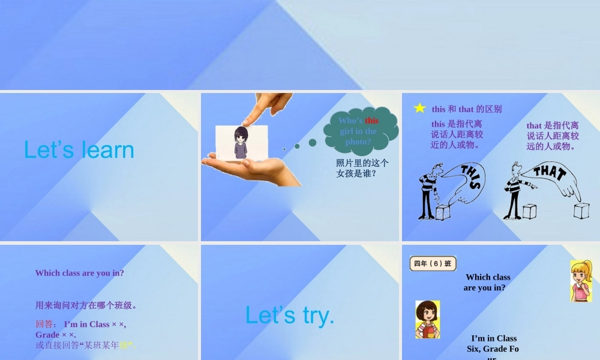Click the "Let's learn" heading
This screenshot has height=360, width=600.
[79, 150]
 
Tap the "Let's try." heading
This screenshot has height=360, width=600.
[290, 315]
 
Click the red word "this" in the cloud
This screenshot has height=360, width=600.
[372, 121]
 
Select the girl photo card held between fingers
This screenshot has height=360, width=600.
[242, 143]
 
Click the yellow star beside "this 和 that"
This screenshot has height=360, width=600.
[420, 108]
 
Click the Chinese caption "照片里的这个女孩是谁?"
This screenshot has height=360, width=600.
[362, 168]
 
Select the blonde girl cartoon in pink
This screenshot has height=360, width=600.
[581, 281]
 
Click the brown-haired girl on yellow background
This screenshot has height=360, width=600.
[427, 319]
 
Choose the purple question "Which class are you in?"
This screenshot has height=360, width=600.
[80, 273]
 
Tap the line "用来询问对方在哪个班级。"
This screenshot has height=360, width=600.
[86, 305]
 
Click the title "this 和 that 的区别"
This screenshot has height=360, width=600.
[467, 109]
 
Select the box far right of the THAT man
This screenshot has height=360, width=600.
[581, 211]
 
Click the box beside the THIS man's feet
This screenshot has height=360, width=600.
[443, 212]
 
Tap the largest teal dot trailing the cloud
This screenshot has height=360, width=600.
[313, 143]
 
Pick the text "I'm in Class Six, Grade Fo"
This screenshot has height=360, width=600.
[493, 343]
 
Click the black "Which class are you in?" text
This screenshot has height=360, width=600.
[487, 283]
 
